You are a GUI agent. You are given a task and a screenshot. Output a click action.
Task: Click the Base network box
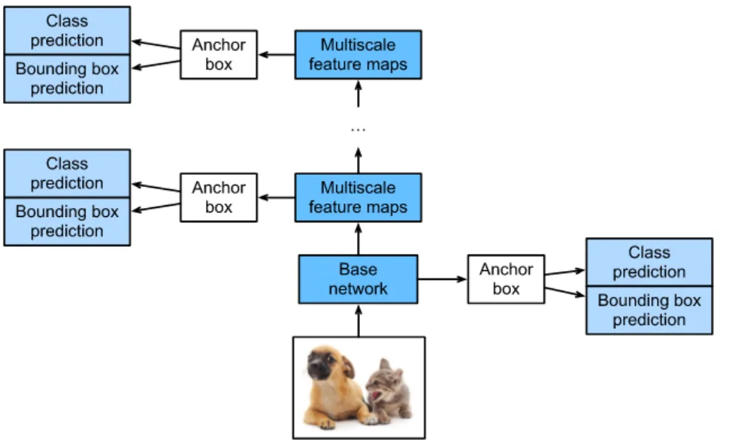[x=358, y=279]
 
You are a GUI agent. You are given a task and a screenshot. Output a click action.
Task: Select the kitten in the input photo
[x=389, y=390]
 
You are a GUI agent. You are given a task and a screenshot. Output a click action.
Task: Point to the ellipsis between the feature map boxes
[x=358, y=130]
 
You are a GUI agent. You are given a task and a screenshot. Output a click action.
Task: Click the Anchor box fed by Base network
[x=506, y=279]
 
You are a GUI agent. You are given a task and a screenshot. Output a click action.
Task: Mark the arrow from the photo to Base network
[x=358, y=320]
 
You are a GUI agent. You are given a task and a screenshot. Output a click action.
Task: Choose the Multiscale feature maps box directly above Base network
[x=358, y=197]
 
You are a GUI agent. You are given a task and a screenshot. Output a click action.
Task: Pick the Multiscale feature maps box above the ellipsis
[x=358, y=55]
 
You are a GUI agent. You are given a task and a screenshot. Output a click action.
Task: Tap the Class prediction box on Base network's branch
[x=649, y=262]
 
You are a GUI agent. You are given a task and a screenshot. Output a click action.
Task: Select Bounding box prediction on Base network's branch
[x=649, y=310]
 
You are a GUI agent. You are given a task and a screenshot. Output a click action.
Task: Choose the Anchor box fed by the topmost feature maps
[x=218, y=55]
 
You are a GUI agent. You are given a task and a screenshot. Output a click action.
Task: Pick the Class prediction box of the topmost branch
[x=67, y=30]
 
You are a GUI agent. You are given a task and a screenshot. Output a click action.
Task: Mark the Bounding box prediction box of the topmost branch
[x=67, y=78]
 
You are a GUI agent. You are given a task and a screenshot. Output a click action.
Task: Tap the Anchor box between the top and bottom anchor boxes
[x=218, y=197]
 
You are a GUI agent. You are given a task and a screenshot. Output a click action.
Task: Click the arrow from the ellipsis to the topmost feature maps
[x=358, y=93]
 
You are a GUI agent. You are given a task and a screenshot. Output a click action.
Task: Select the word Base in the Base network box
[x=358, y=270]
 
